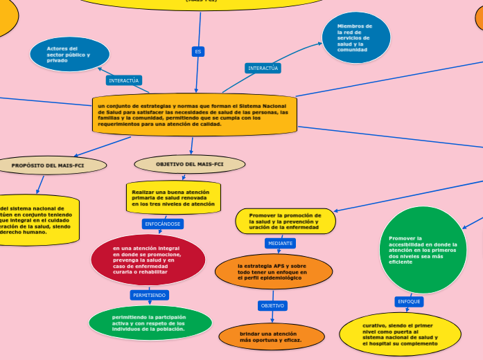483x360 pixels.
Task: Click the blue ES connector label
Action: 198,51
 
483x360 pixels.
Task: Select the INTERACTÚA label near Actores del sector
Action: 125,80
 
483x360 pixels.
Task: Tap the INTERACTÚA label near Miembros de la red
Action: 263,68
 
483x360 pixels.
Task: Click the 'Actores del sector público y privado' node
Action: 70,55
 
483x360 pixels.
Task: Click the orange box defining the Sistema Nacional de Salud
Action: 195,114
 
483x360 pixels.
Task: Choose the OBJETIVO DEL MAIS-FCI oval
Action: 190,164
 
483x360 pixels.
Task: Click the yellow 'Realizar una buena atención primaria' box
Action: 173,197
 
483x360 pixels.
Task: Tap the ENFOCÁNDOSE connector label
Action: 162,224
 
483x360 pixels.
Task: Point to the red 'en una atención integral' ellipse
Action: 148,260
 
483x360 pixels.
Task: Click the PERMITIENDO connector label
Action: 149,295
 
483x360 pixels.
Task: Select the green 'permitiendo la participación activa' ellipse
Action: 150,323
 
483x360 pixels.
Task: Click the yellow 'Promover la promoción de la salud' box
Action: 285,222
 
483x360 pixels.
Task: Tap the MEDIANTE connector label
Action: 281,243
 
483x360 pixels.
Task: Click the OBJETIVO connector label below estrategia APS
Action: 272,305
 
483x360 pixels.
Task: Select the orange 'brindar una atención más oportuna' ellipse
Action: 272,337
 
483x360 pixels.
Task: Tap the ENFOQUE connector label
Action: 409,302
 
